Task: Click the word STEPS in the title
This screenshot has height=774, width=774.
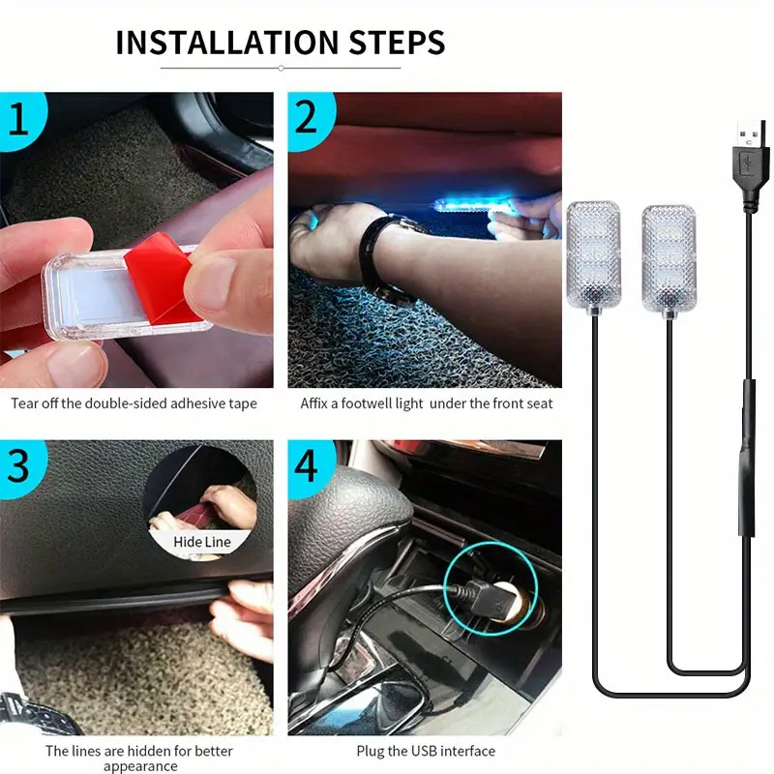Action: [x=398, y=42]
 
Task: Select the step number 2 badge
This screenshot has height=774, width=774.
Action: [x=309, y=118]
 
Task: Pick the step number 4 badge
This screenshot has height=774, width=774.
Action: [x=309, y=466]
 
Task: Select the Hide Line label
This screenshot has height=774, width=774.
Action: [x=202, y=542]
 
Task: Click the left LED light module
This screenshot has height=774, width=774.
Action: [x=593, y=255]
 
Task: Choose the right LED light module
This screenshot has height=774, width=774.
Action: [x=669, y=259]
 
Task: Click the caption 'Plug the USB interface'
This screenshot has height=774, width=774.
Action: [x=426, y=751]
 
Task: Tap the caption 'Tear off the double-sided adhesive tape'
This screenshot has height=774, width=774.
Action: [x=134, y=403]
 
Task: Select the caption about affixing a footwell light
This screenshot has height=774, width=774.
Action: [x=427, y=403]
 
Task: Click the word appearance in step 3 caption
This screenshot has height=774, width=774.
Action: [x=140, y=766]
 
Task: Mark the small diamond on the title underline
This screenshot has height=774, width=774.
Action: [x=281, y=68]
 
